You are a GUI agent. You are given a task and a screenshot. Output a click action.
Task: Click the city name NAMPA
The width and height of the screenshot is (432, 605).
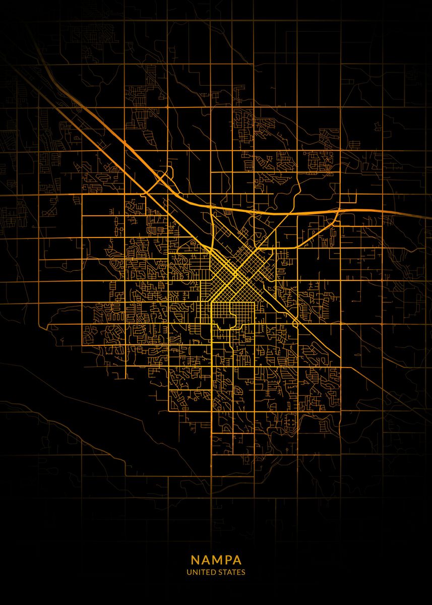click(216, 560)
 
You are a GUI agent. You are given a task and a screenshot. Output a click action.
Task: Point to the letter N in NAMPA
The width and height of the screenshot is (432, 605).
click(195, 560)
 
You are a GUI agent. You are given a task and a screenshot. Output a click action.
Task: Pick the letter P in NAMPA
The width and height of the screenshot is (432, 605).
click(228, 560)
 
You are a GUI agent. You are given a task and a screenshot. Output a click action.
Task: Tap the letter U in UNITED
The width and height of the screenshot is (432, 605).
click(189, 573)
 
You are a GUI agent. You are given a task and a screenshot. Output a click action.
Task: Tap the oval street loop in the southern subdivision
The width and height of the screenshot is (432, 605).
click(290, 420)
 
